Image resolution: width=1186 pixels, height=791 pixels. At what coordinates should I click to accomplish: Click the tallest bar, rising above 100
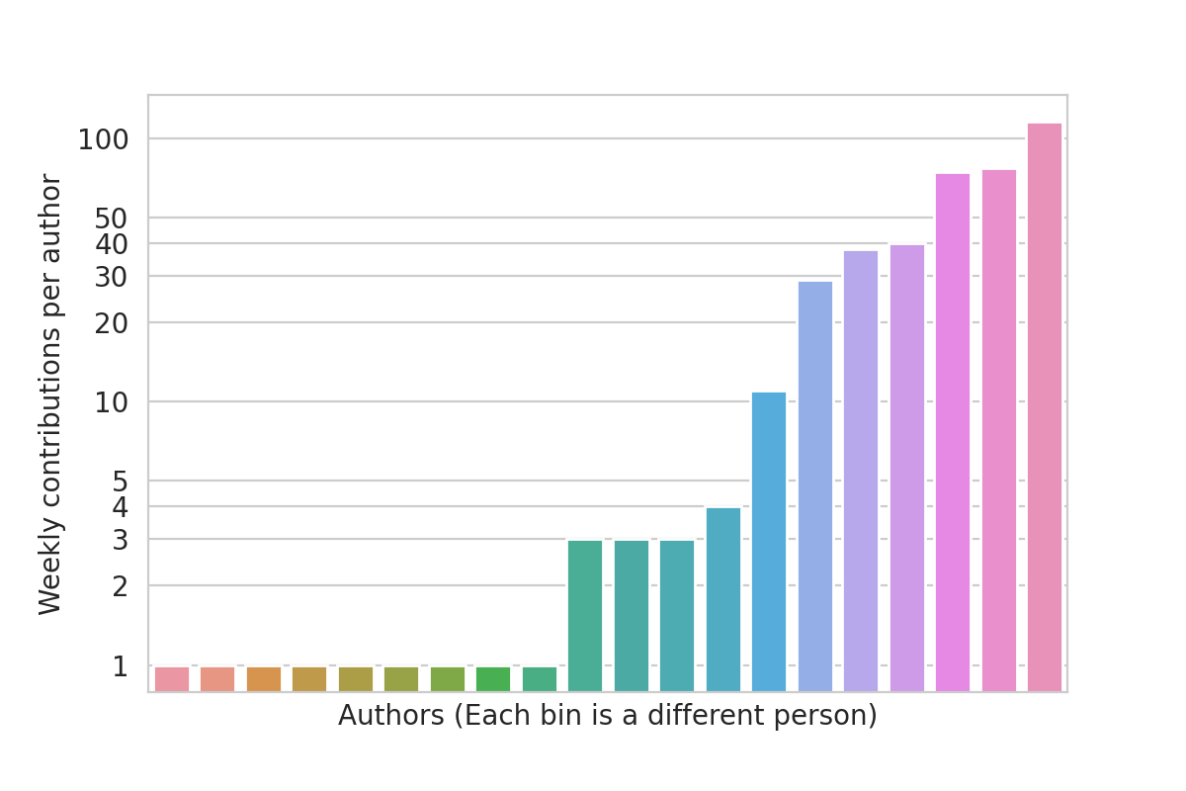pyautogui.click(x=1045, y=405)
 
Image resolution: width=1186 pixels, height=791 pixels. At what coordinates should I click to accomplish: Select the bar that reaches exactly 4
pyautogui.click(x=723, y=598)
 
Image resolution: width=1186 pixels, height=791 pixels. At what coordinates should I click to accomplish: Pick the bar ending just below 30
pyautogui.click(x=815, y=485)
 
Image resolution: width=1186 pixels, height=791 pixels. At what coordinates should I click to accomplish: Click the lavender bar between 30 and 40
pyautogui.click(x=861, y=470)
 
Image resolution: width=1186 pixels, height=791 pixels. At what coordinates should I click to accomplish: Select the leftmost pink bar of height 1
pyautogui.click(x=172, y=678)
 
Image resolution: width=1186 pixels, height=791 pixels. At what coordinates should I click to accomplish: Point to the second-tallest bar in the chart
pyautogui.click(x=999, y=429)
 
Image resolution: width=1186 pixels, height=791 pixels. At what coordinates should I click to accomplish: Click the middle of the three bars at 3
pyautogui.click(x=632, y=614)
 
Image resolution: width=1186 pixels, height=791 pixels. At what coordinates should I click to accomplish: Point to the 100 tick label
pyautogui.click(x=104, y=140)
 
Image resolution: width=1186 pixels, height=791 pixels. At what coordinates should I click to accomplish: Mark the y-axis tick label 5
pyautogui.click(x=121, y=482)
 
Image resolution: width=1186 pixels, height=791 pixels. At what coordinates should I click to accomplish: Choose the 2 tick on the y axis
pyautogui.click(x=121, y=586)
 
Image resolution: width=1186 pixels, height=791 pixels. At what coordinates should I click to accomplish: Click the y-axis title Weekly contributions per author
pyautogui.click(x=50, y=395)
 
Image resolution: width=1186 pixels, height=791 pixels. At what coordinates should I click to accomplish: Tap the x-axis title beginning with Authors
pyautogui.click(x=607, y=716)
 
